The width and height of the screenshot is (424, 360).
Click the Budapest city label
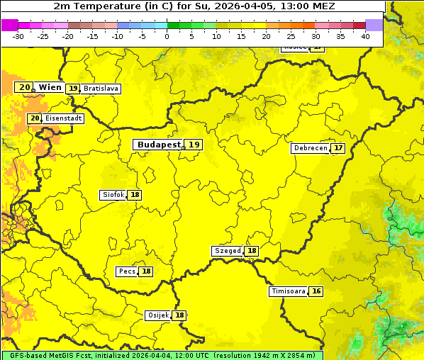pos(159,145)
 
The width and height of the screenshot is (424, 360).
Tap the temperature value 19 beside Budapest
pos(194,145)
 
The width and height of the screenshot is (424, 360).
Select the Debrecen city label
pos(310,149)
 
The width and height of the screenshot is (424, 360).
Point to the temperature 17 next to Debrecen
pos(338,149)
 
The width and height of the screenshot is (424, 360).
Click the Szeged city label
pos(227,251)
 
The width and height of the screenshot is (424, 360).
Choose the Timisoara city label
pos(288,291)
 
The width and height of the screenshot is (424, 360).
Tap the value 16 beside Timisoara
pos(316,291)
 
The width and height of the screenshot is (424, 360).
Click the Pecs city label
pos(127,271)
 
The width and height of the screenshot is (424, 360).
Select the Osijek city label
pos(157,315)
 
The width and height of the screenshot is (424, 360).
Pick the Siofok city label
pos(113,195)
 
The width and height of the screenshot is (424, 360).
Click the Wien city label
pos(50,87)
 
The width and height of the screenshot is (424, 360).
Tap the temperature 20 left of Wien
pos(24,87)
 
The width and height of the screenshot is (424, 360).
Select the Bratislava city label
pos(100,89)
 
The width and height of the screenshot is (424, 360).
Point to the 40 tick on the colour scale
pos(365,36)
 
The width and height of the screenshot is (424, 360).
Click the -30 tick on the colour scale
pos(18,36)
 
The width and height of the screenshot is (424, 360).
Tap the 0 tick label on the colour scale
pos(167,36)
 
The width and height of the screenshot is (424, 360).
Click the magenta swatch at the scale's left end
pos(9,25)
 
